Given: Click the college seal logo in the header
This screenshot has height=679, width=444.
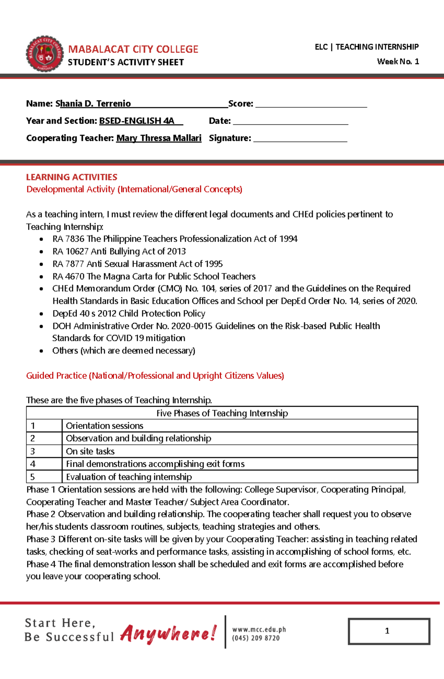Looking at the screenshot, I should [x=45, y=54].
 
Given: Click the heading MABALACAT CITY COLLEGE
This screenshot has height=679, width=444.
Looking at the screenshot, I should [x=133, y=49].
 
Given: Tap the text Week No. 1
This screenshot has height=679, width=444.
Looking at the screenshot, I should [x=398, y=61].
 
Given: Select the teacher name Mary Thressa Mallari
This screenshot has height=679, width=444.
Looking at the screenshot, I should [x=159, y=138].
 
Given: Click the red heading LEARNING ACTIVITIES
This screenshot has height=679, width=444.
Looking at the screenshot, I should [x=71, y=177].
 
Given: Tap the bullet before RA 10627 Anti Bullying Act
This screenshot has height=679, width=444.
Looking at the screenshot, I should [x=41, y=252].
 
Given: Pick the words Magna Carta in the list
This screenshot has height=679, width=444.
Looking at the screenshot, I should [x=128, y=276].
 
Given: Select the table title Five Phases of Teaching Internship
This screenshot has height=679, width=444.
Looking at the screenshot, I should [x=222, y=413].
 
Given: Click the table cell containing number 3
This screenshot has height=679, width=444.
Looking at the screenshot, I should [x=44, y=451].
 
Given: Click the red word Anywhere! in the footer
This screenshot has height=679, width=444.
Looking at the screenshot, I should [x=168, y=633].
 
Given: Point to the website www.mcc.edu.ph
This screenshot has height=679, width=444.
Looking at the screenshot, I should [x=259, y=629].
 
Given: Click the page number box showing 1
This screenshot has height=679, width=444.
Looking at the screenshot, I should [x=388, y=631].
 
